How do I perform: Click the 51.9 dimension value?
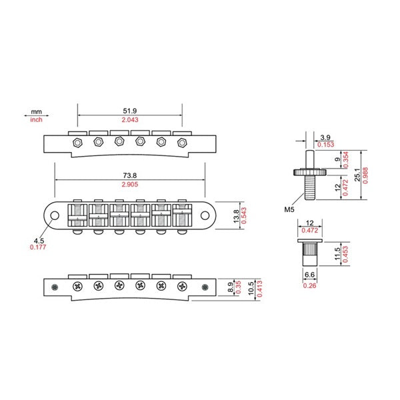point(129,111)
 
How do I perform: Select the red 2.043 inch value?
point(129,120)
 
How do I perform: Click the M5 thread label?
point(289,209)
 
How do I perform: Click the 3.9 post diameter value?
point(326,137)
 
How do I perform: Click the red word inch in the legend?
point(36,120)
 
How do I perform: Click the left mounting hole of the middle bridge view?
point(55,215)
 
